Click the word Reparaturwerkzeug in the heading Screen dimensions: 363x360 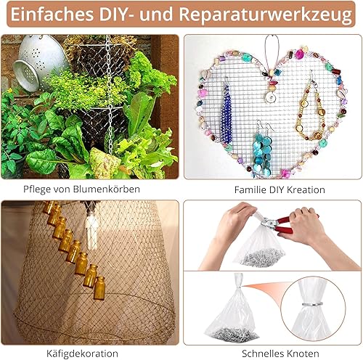266,15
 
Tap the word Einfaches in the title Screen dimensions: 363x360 52,14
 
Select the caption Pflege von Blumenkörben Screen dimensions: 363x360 81,189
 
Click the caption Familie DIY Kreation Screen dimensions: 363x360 280,189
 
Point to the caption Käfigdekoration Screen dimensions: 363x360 82,353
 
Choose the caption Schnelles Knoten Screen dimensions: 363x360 280,353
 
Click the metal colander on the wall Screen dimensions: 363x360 38,62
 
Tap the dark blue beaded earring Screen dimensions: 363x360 227,111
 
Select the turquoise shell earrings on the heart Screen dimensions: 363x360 263,149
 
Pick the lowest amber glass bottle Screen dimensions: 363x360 99,288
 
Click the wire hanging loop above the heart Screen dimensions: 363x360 272,52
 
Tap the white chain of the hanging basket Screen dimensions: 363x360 110,97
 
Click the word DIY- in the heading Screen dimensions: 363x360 117,14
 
